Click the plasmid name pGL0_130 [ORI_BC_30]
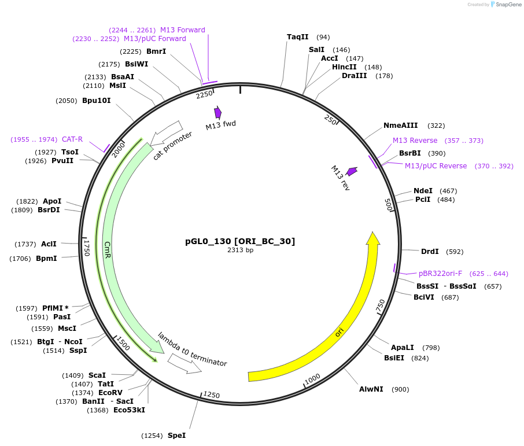tap(240, 241)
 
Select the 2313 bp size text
tap(240, 250)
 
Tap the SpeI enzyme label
tap(176, 435)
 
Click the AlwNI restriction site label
tap(371, 389)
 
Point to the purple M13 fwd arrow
tap(218, 112)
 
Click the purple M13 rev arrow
tap(352, 171)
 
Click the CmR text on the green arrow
tap(108, 250)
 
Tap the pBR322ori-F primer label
tap(440, 273)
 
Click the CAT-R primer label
tap(72, 139)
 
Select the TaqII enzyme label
tap(298, 37)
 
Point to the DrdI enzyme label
tap(430, 251)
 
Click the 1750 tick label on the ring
tap(87, 248)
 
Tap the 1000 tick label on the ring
tap(312, 378)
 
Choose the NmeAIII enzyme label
tap(400, 126)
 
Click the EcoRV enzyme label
tap(110, 392)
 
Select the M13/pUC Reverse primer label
tap(436, 166)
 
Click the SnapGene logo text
tap(507, 5)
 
